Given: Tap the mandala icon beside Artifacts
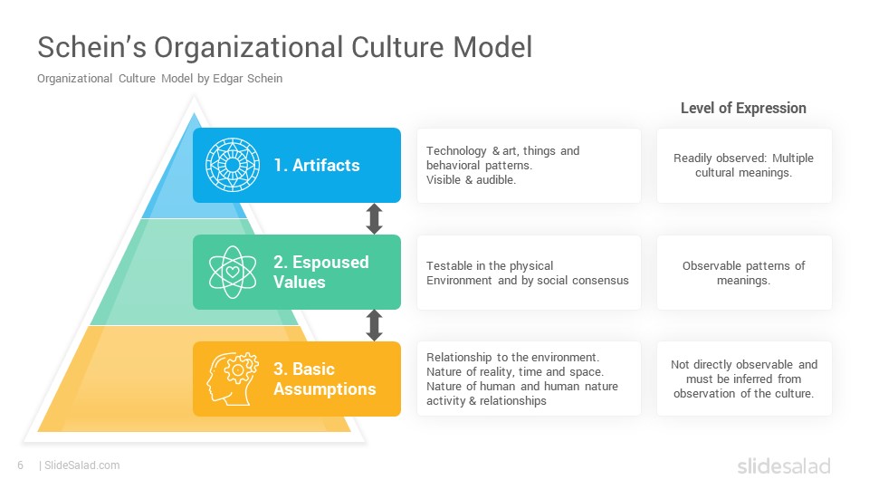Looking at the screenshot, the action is pos(233,165).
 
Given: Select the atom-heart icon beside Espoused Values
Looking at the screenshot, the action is pos(233,273).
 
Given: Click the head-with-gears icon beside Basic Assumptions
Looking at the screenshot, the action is pos(233,379).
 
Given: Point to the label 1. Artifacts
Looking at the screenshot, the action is pos(317,165).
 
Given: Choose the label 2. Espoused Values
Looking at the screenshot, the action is pos(320,272).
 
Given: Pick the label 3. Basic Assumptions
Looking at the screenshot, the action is pos(325,379).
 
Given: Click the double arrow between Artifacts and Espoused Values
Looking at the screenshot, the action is pos(374,218).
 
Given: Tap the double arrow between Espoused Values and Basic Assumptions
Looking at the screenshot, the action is pos(374,325).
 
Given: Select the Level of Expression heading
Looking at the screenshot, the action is pos(743,108).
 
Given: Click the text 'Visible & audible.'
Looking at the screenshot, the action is pos(471,179).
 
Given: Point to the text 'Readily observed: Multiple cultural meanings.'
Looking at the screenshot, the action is pos(743,165).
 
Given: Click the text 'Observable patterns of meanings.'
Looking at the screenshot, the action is pos(743,273).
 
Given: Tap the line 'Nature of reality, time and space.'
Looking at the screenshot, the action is pos(515,371).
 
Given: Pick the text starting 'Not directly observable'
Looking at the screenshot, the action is pos(744,379).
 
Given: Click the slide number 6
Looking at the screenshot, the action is pos(21,465).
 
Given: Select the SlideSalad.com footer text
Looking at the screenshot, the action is pos(80,465).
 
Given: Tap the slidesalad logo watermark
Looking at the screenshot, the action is pos(784,465).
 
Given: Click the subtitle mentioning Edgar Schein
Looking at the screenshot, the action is pos(159,79).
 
